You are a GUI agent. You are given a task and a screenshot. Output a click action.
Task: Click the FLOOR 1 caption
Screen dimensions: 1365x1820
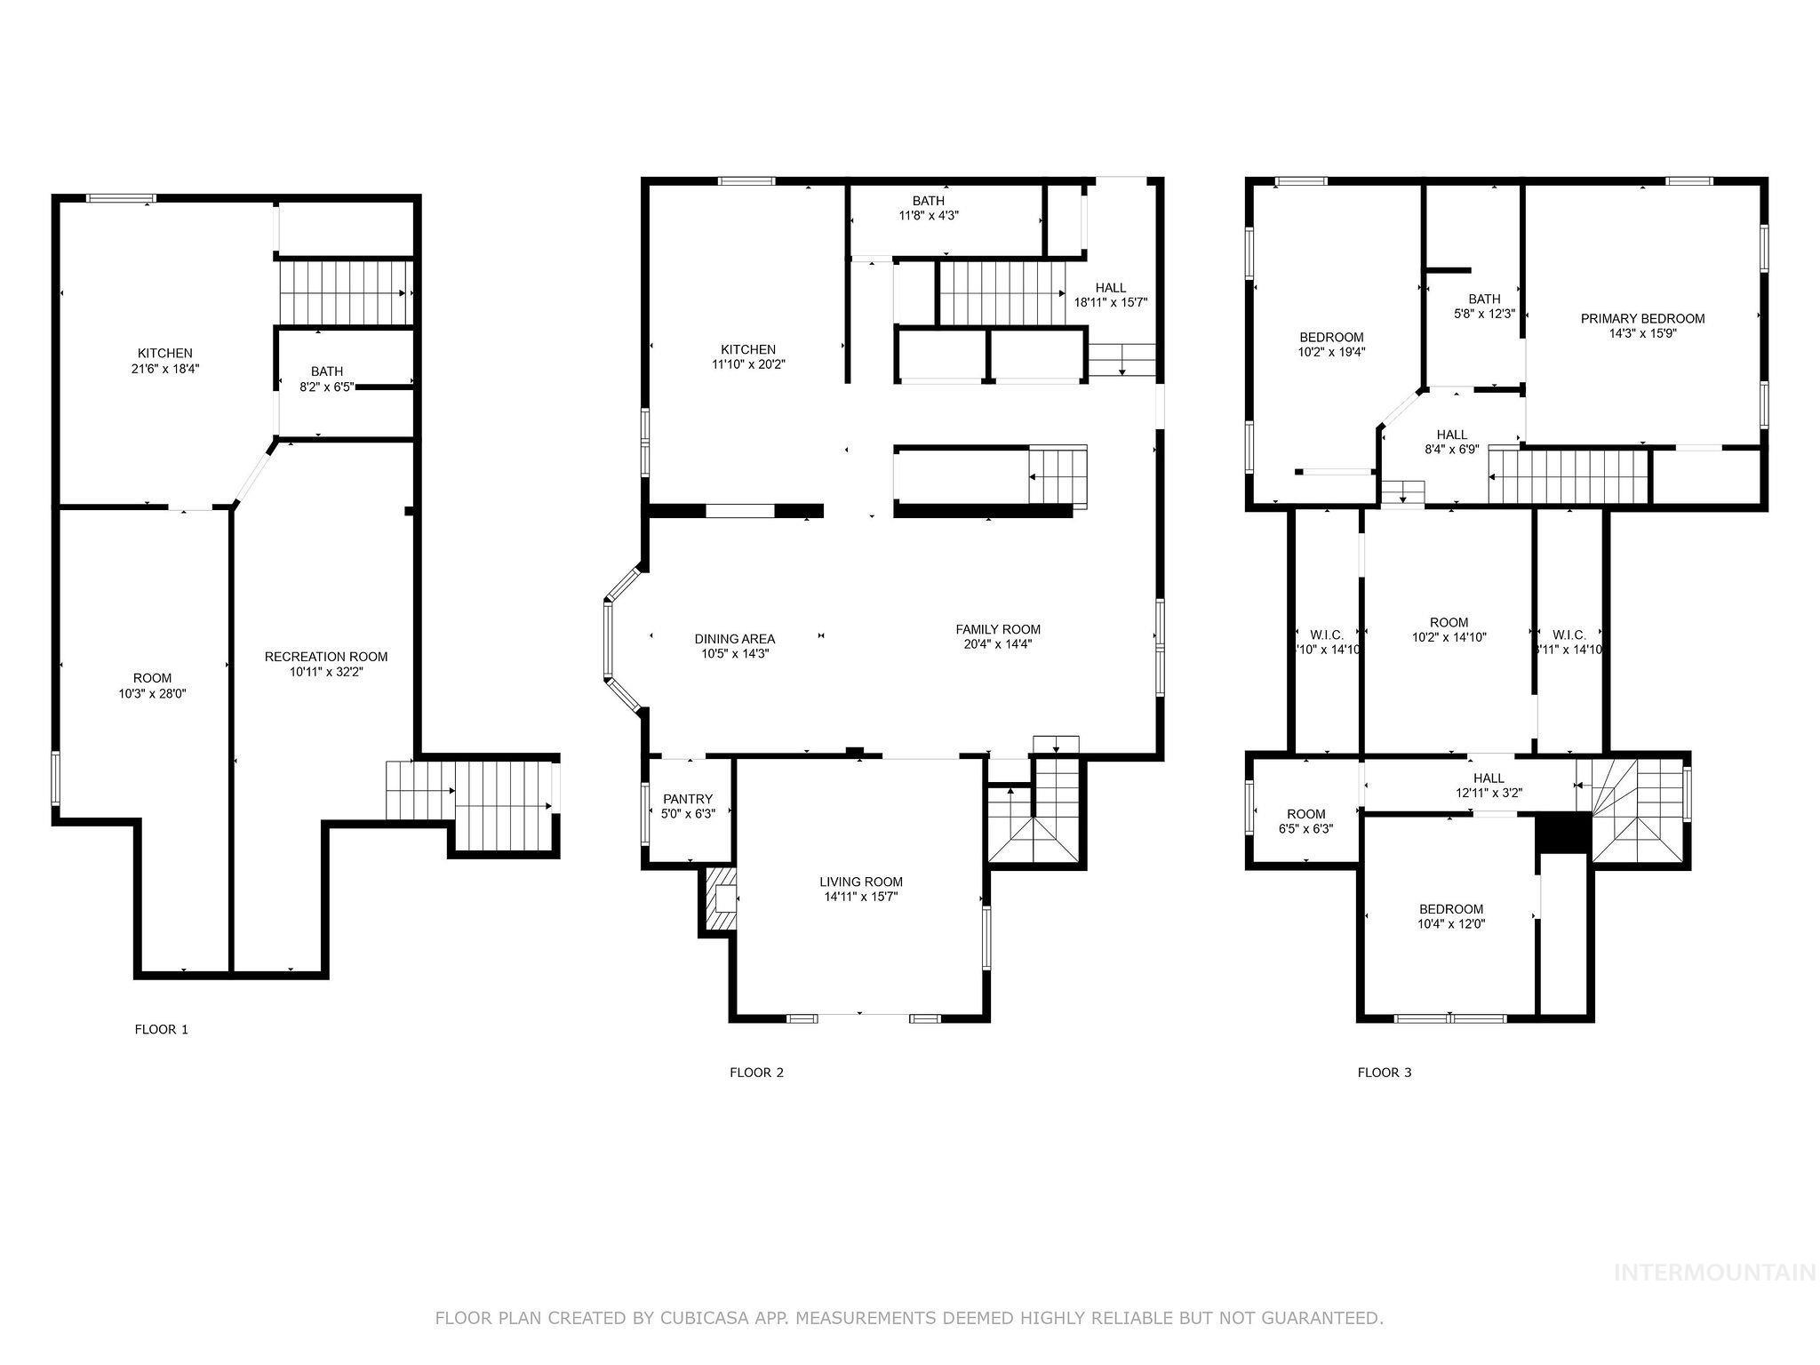[x=161, y=1029]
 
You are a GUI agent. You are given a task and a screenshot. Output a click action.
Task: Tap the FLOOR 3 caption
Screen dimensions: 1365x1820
[x=1384, y=1072]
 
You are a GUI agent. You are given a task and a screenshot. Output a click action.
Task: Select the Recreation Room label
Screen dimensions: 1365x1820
[x=326, y=657]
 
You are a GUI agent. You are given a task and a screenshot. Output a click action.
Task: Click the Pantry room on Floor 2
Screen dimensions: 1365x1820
[x=688, y=805]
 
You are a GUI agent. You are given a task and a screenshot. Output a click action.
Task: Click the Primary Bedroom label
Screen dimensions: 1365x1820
[x=1642, y=318]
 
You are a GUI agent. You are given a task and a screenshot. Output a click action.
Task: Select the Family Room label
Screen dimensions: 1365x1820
[x=998, y=629]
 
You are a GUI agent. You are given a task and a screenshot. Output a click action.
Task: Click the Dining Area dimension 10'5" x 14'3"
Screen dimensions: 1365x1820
[x=734, y=653]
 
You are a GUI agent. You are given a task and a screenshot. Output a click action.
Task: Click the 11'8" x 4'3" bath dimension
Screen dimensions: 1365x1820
[x=929, y=215]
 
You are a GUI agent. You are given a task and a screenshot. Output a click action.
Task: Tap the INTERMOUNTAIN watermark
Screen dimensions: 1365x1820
[x=1714, y=1273]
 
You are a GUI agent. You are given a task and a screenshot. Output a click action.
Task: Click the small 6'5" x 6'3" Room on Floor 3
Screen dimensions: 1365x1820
[x=1305, y=820]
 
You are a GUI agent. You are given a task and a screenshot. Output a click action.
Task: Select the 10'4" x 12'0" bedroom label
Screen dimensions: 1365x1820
[x=1450, y=923]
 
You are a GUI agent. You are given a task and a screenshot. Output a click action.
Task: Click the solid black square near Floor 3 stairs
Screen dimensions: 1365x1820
[x=1562, y=834]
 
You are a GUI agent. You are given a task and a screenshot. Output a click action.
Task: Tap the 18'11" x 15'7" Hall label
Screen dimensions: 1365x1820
[x=1110, y=301]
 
